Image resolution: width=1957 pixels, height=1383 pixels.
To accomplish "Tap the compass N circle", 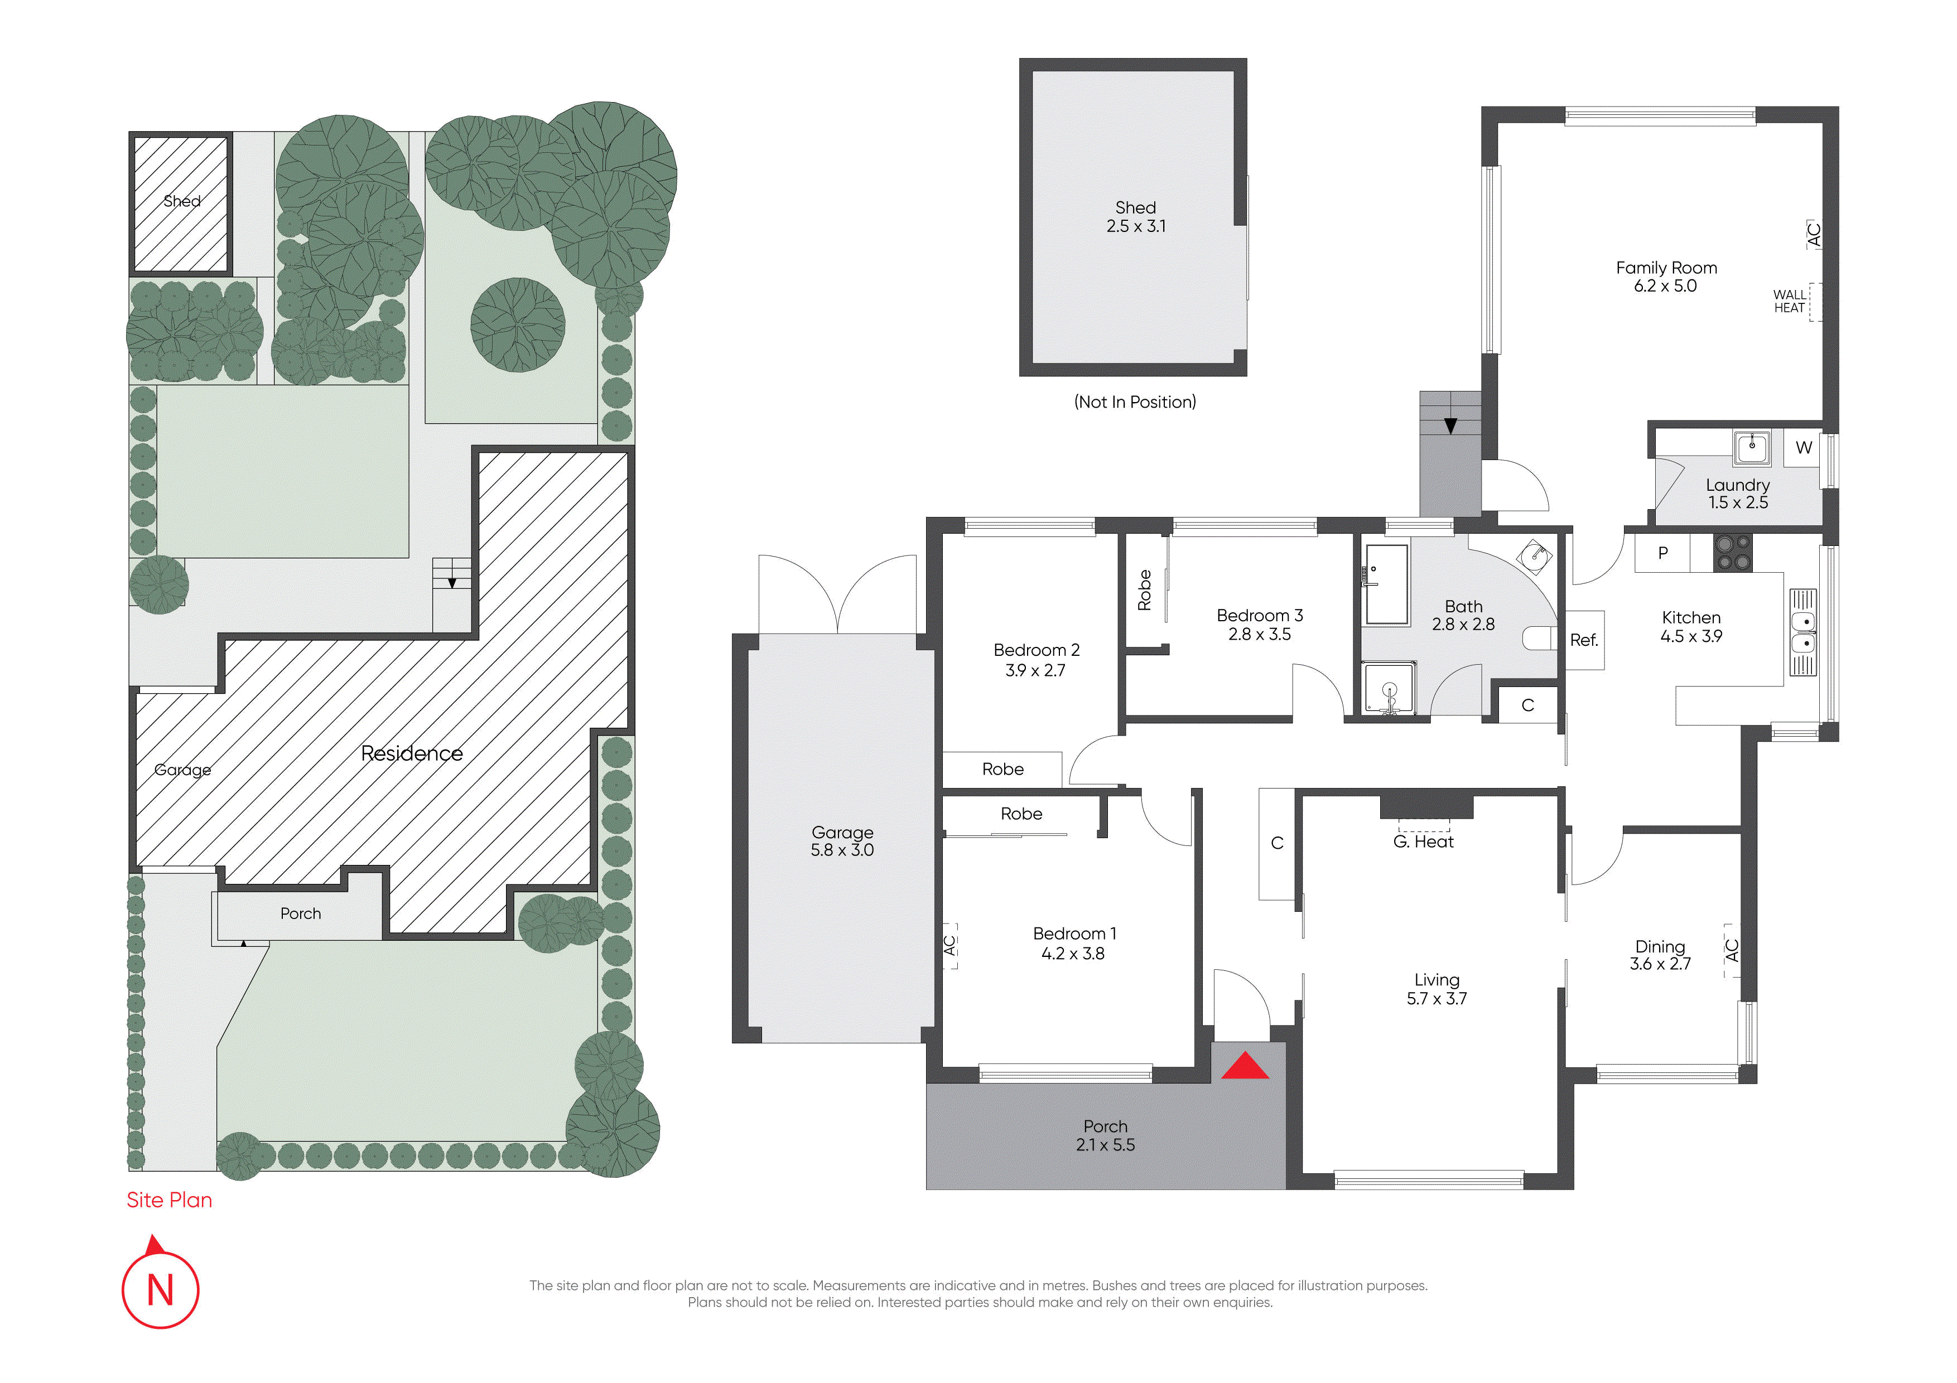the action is [x=160, y=1289].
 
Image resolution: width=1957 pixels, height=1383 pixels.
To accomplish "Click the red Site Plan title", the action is [x=170, y=1200].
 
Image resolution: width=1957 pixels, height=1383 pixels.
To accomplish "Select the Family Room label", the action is [x=1666, y=268].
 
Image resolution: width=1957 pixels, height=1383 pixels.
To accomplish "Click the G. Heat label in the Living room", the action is [x=1424, y=842].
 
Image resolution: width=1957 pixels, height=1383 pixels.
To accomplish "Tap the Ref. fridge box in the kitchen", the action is [x=1584, y=640].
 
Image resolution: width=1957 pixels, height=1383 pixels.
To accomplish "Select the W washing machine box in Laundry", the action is [x=1804, y=447].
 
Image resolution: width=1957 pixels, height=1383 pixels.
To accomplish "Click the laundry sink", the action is [x=1752, y=447].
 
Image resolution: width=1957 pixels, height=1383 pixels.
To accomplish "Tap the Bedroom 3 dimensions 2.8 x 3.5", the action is [x=1259, y=635].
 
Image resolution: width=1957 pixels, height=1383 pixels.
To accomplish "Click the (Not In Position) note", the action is [x=1135, y=402].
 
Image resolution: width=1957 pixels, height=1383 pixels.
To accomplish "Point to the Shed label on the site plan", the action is [x=181, y=201].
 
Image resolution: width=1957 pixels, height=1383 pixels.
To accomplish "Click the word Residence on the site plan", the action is [x=412, y=753].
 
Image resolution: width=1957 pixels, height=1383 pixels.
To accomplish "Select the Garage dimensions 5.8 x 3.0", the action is [x=842, y=850].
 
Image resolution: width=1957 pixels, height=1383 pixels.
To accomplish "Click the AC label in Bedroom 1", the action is [x=949, y=946].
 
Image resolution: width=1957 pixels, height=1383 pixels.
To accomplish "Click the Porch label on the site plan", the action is [x=301, y=913].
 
